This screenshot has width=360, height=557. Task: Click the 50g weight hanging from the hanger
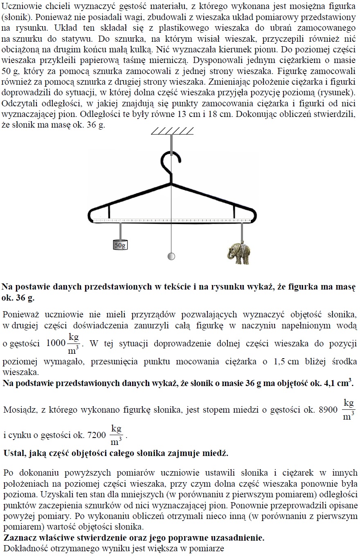pos(120,244)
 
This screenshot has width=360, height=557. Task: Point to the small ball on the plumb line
pos(171,256)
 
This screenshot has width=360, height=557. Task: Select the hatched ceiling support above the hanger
pos(171,131)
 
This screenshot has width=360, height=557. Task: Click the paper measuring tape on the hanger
pos(172,220)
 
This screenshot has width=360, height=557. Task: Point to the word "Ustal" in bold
pos(13,454)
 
